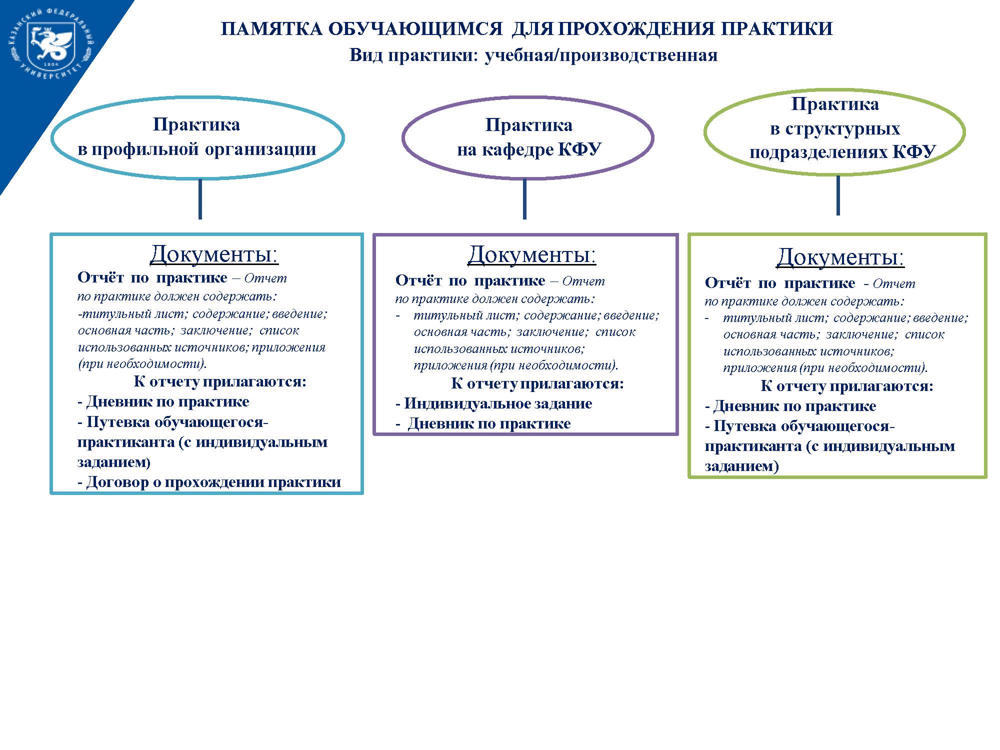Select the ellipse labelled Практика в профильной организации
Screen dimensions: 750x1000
tap(197, 137)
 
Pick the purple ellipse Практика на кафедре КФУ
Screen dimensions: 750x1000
tap(528, 137)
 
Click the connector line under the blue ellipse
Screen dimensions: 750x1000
tap(200, 199)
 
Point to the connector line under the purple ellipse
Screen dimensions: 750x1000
tap(524, 199)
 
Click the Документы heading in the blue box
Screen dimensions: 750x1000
tap(214, 254)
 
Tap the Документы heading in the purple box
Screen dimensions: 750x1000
tap(531, 255)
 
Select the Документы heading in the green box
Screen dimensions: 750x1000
tap(840, 257)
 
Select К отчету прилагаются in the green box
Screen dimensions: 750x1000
tap(847, 386)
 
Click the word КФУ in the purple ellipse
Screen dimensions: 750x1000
tap(579, 149)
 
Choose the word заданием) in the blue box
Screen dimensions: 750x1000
tap(114, 462)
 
